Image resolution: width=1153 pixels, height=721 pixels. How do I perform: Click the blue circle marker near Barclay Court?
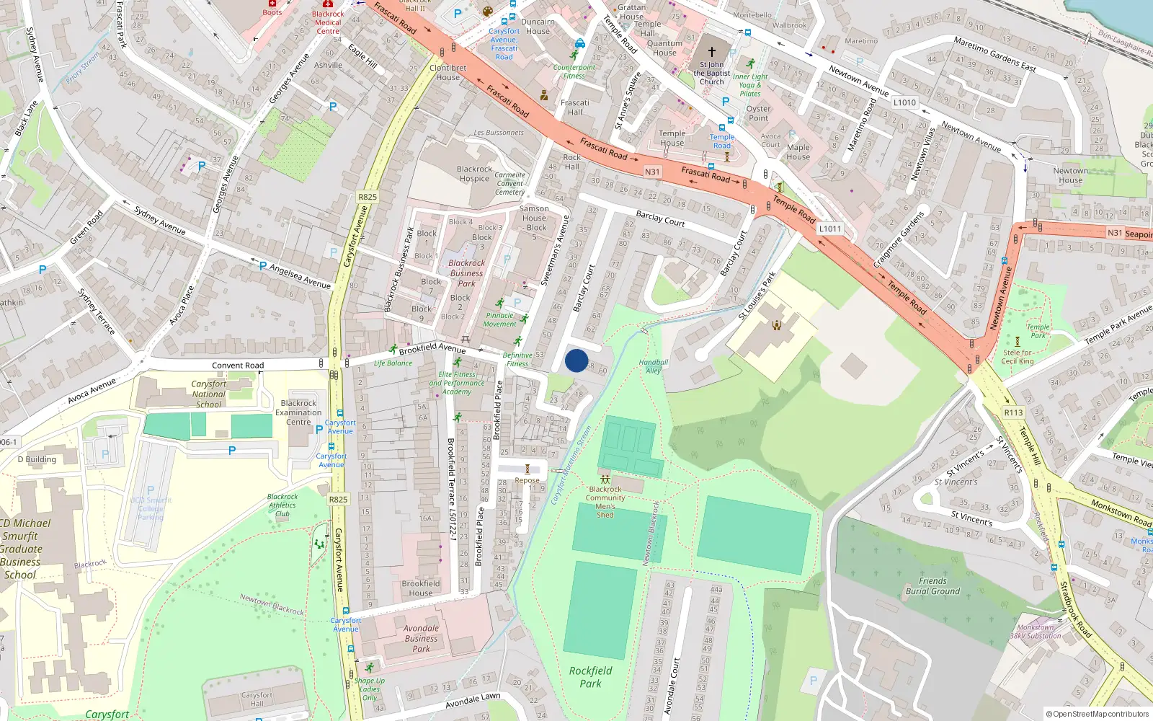[x=576, y=360]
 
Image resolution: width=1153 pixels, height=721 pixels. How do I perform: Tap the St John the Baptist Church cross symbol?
[x=712, y=52]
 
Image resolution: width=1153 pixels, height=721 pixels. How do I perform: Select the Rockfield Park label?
[x=590, y=677]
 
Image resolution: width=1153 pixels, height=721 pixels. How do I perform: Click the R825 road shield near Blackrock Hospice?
[x=368, y=197]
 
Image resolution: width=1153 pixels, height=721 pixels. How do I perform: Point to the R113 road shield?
[x=1013, y=412]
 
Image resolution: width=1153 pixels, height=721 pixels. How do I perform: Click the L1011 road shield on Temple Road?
[x=829, y=229]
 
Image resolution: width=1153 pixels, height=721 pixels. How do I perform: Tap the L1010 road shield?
[x=904, y=102]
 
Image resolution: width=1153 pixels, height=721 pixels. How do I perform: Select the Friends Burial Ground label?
[x=932, y=586]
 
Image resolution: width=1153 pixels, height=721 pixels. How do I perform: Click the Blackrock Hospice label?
[x=474, y=174]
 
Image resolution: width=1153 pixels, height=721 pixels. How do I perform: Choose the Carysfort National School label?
[x=208, y=394]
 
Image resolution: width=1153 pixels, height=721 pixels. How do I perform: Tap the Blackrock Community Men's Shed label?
[x=605, y=502]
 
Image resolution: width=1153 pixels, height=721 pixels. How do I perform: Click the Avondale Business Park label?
[x=421, y=638]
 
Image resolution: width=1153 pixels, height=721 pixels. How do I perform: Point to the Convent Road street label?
[x=238, y=366]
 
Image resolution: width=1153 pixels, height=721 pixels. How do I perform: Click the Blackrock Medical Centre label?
[x=328, y=22]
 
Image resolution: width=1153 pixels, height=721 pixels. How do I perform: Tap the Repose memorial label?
[x=527, y=480]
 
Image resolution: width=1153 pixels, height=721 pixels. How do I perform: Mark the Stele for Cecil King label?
[x=1018, y=357]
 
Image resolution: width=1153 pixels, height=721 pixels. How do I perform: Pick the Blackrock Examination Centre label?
[x=298, y=412]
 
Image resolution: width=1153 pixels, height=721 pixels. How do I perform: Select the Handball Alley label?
[x=654, y=366]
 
